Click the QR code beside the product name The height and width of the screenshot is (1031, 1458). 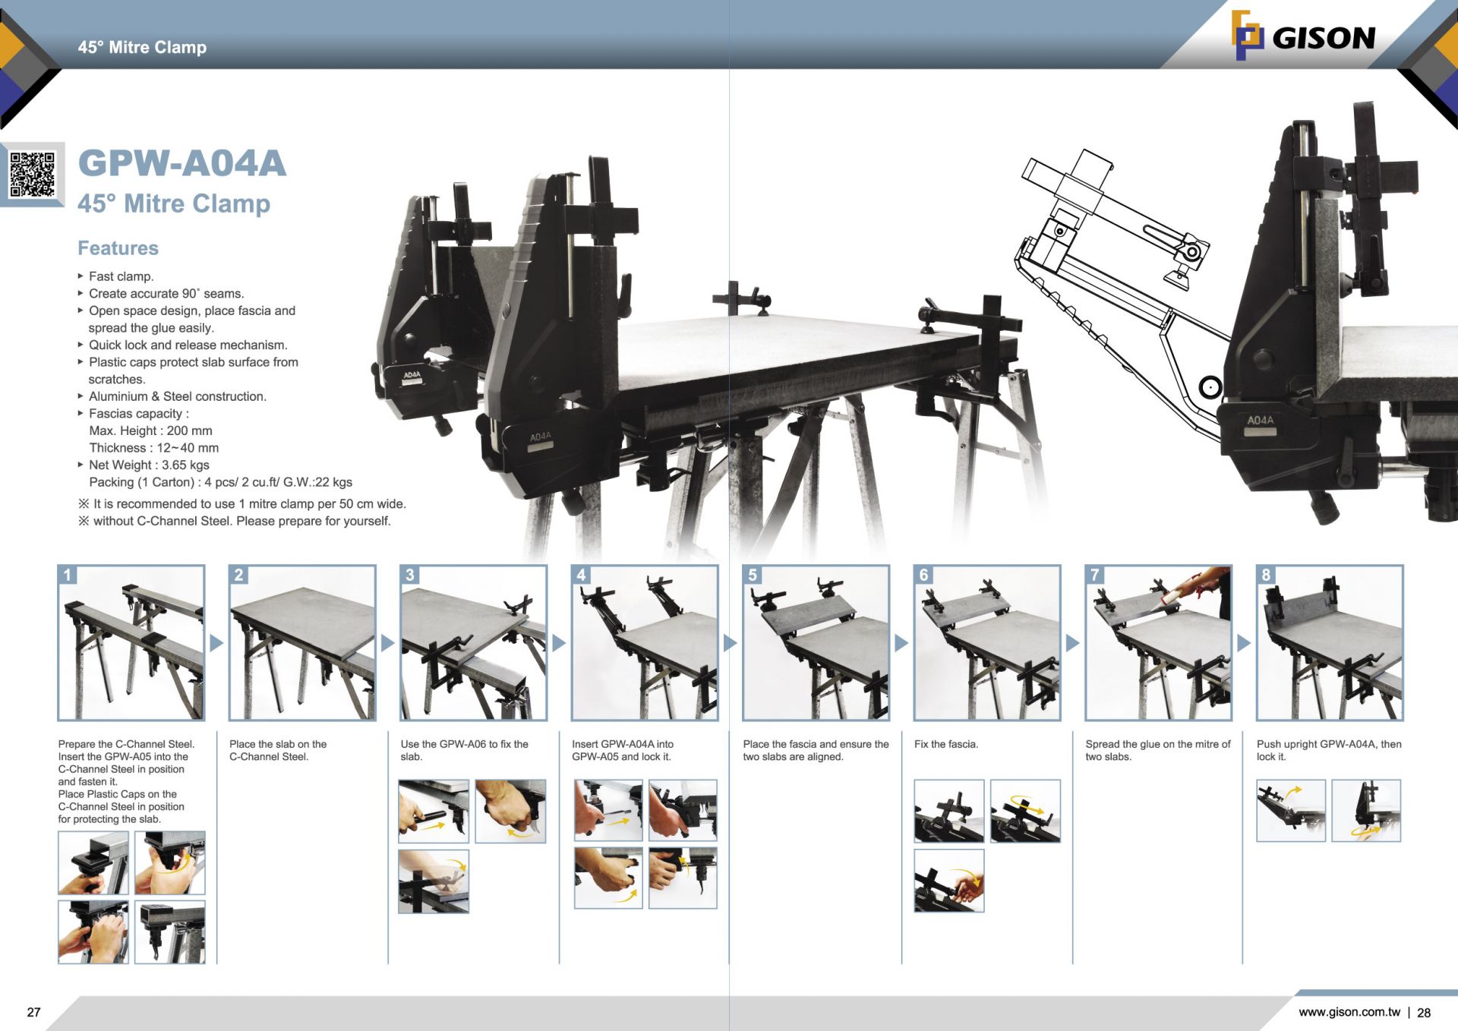(33, 174)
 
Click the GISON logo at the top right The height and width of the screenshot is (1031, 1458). (1303, 36)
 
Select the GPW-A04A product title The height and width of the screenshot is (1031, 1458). (182, 163)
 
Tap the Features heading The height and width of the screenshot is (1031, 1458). (118, 248)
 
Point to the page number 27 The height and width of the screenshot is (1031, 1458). (33, 1012)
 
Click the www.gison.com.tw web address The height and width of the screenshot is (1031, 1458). (1349, 1012)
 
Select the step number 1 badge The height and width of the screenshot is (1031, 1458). (68, 575)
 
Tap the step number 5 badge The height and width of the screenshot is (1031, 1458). (753, 575)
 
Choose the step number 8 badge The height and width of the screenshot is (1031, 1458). (1266, 575)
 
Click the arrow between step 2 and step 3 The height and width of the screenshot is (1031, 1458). (387, 643)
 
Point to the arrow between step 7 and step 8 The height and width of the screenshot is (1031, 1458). (1244, 643)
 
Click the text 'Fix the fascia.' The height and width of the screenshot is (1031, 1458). (945, 744)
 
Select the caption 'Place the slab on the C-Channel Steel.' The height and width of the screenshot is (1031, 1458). (277, 750)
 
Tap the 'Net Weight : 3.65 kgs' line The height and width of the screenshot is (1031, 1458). (149, 465)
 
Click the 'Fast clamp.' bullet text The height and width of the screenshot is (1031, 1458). (121, 276)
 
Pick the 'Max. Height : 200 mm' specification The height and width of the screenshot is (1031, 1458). (150, 430)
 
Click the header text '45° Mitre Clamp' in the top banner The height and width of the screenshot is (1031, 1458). (142, 47)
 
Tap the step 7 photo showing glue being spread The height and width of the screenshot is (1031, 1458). (1158, 643)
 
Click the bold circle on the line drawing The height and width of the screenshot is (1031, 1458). (1210, 387)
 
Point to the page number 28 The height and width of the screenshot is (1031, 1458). (1424, 1013)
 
